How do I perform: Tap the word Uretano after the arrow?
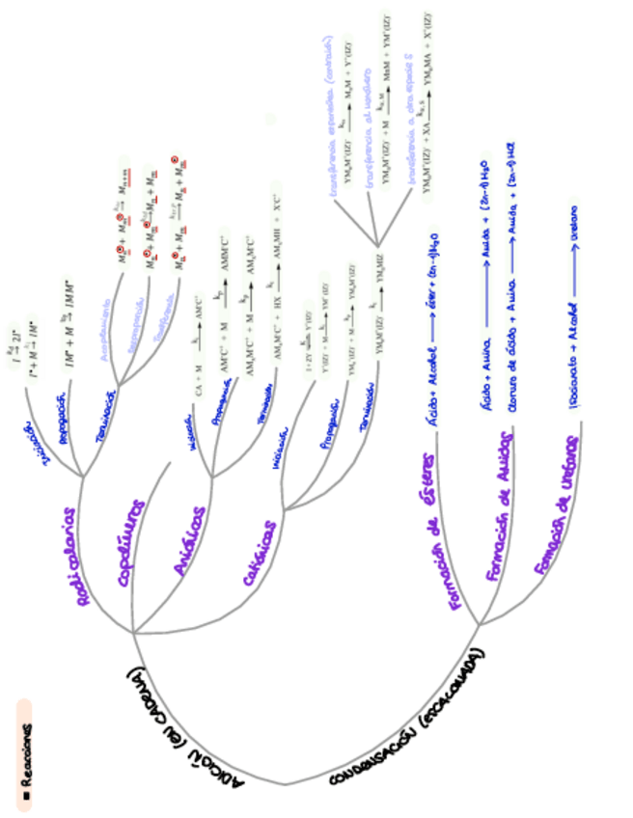click(x=576, y=220)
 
